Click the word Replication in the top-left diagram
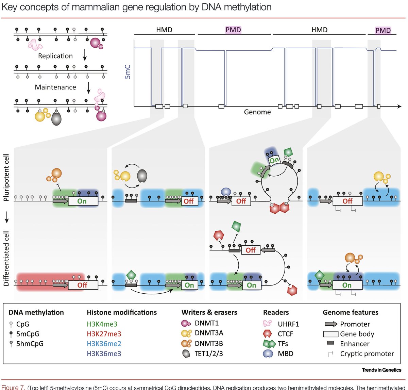(55, 56)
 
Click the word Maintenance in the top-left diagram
(55, 87)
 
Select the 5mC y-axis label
(128, 72)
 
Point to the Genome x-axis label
(257, 112)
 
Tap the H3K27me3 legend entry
(104, 334)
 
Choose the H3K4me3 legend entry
(102, 324)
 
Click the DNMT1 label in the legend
(206, 323)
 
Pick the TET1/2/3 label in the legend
(209, 354)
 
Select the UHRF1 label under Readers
(288, 324)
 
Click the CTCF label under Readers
(285, 334)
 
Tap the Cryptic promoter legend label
(367, 354)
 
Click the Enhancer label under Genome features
(355, 344)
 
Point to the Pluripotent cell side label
(6, 177)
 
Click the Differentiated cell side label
(6, 259)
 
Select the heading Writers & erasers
(209, 312)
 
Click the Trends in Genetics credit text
(381, 370)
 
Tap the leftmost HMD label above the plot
(164, 30)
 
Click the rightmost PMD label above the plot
(383, 31)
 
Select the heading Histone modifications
(122, 312)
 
